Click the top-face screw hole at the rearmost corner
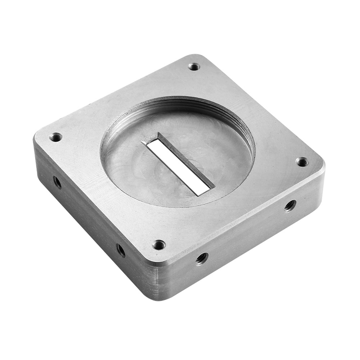pos(194,67)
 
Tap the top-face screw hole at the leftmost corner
pos(56,137)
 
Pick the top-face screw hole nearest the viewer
pos(159,245)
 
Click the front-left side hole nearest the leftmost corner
pos(57,182)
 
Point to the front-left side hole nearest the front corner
pos(121,250)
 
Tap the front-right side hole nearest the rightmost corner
pos(290,206)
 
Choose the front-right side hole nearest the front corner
pos(201,258)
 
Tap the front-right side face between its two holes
pos(245,234)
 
